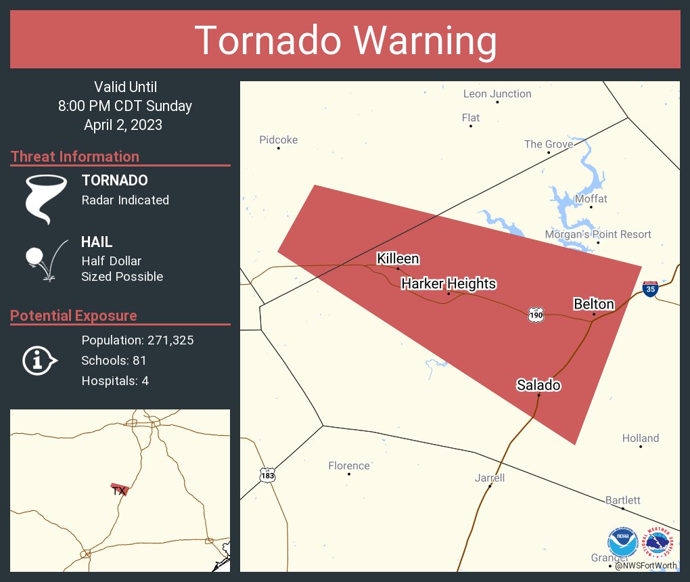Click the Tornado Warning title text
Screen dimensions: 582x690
click(345, 41)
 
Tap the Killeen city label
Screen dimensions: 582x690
click(398, 259)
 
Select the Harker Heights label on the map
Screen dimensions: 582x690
click(448, 284)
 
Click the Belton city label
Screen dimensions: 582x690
click(593, 304)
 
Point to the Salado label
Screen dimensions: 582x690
click(538, 385)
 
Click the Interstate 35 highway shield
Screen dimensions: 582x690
click(650, 289)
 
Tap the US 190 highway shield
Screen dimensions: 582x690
click(536, 315)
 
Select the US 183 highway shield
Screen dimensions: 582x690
click(268, 474)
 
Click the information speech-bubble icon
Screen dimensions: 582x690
click(39, 361)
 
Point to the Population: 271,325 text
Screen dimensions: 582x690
click(137, 340)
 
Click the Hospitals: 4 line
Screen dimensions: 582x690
click(115, 381)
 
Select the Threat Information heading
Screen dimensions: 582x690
click(75, 156)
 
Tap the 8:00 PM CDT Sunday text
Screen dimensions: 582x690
click(125, 106)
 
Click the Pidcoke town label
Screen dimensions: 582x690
click(278, 140)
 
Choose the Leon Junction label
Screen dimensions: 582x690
click(497, 94)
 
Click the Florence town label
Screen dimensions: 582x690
click(349, 466)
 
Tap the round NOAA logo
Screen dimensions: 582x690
click(622, 543)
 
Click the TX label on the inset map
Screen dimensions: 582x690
click(119, 491)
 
